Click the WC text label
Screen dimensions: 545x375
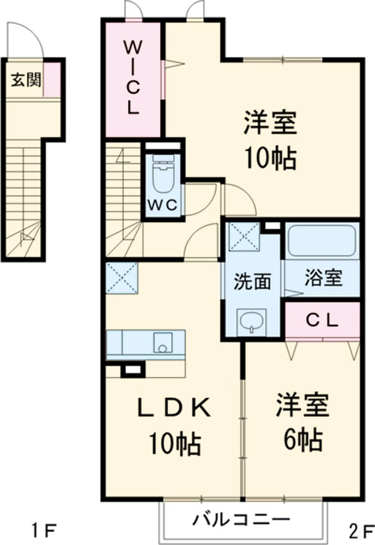[164, 204]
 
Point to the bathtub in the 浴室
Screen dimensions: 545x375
[322, 240]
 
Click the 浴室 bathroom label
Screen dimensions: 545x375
[323, 279]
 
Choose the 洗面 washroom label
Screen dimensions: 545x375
[252, 282]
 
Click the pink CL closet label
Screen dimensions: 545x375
[322, 320]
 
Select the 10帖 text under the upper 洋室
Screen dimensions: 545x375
[269, 160]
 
